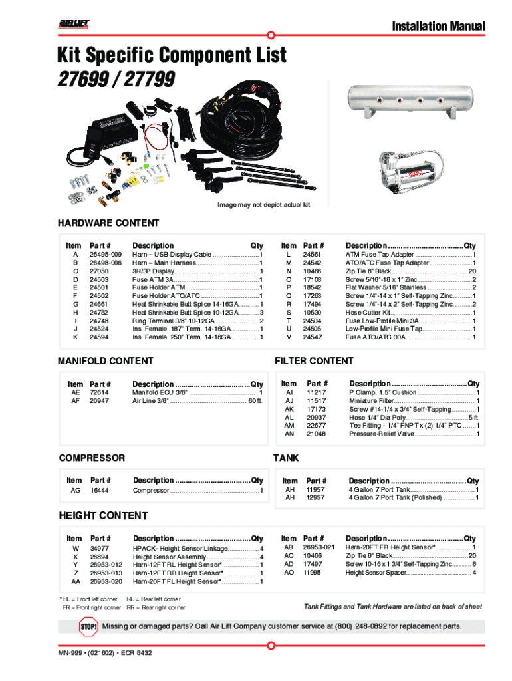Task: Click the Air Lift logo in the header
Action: pyautogui.click(x=74, y=25)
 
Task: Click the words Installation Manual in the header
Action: pyautogui.click(x=438, y=27)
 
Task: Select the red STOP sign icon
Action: pyautogui.click(x=88, y=626)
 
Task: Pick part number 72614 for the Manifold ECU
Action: pyautogui.click(x=99, y=392)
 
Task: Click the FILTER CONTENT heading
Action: pyautogui.click(x=314, y=361)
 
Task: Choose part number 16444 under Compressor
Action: pyautogui.click(x=99, y=491)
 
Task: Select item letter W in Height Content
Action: pyautogui.click(x=75, y=548)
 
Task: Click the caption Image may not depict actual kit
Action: pyautogui.click(x=264, y=204)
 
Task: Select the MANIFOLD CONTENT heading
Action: pyautogui.click(x=106, y=361)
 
